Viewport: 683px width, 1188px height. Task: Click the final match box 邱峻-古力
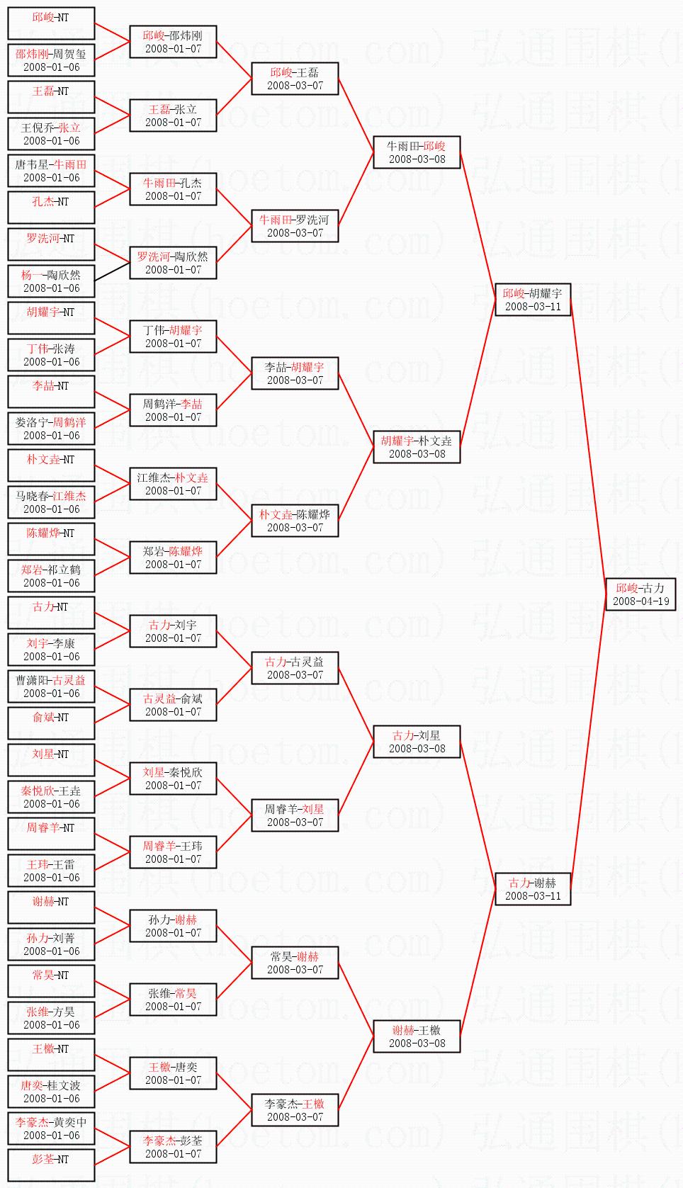[640, 594]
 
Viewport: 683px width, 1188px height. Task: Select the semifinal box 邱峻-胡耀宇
[533, 300]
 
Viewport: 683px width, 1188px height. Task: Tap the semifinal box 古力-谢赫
[533, 889]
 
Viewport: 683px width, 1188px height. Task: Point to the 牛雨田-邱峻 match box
[417, 152]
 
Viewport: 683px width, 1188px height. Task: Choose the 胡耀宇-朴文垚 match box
[417, 447]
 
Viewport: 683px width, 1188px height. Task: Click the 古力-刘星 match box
[417, 742]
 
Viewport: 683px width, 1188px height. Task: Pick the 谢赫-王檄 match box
[417, 1036]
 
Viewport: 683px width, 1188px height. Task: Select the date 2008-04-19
[640, 601]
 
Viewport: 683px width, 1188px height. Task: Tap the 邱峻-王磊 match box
[295, 79]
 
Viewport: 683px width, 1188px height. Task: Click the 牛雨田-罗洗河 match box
[295, 226]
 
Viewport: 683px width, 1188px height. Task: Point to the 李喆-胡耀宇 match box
[295, 373]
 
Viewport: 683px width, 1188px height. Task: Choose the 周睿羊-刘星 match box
[295, 815]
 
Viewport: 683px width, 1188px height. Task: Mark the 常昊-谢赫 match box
[295, 963]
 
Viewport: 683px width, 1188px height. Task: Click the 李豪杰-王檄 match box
[295, 1110]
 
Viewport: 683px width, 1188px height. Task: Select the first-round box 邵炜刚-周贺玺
[51, 60]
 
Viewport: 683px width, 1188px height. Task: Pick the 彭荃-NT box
[51, 1165]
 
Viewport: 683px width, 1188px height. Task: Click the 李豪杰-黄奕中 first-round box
[51, 1128]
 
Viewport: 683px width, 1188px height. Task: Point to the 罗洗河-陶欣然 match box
[173, 263]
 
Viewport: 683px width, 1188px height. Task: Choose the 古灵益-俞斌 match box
[173, 705]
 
